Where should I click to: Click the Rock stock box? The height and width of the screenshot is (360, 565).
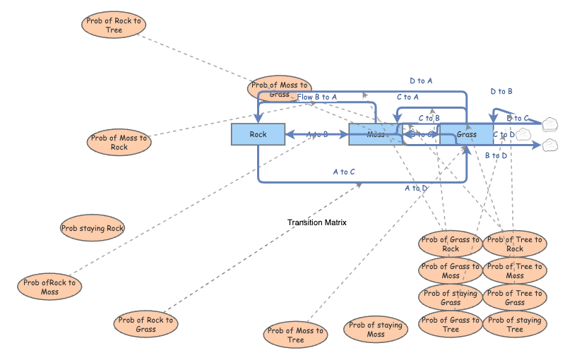point(258,134)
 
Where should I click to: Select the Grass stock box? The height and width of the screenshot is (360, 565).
point(466,134)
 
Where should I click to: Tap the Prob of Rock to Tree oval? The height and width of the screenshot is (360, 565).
point(114,25)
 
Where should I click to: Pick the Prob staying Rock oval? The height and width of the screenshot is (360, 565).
point(93,228)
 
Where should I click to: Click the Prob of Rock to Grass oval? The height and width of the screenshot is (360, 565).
point(145,325)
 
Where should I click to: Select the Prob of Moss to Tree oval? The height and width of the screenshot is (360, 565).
point(296,335)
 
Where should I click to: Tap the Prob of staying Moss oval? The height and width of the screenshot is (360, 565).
point(376,330)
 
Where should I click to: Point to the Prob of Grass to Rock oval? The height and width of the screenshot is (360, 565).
point(451,244)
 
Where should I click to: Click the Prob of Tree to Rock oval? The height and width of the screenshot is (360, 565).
point(515,244)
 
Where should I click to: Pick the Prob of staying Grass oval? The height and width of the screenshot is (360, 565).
point(451,298)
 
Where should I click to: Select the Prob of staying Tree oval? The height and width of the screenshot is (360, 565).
point(515,325)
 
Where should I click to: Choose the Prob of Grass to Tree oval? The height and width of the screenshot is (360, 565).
point(451,325)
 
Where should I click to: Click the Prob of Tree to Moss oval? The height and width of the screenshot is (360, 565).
point(515,271)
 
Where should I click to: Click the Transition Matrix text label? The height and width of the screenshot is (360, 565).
point(316,222)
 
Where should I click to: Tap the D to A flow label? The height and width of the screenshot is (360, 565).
point(421,81)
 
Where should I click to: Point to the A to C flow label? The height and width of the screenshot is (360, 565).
point(344,172)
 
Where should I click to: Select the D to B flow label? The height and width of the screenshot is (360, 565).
point(501,91)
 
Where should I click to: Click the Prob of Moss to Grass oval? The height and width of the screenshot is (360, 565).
point(280,89)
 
